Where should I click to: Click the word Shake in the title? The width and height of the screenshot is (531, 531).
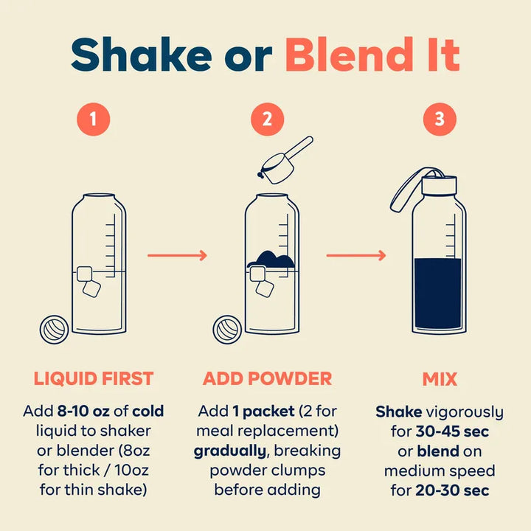tap(142, 55)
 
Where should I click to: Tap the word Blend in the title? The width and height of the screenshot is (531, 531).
tap(349, 54)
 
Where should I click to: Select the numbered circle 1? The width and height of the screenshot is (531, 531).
tap(94, 119)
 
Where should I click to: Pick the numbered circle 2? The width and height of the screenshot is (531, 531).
tap(267, 119)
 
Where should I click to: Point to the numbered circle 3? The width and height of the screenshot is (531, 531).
tap(440, 119)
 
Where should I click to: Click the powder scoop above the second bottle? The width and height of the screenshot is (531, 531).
tap(285, 161)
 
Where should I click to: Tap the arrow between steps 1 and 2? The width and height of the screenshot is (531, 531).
tap(177, 255)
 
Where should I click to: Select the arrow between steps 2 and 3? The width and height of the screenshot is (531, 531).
tap(356, 255)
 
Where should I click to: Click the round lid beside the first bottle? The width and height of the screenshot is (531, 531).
tap(54, 330)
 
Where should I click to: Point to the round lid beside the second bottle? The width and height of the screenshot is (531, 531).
tap(227, 330)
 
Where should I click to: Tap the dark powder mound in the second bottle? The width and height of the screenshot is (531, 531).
tap(271, 260)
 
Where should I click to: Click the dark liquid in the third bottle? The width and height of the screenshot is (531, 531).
tap(438, 294)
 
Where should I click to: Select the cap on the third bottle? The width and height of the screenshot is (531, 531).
tap(439, 185)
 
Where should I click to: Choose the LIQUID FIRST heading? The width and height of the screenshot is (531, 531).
tap(94, 378)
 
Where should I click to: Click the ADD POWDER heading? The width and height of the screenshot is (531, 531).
tap(267, 378)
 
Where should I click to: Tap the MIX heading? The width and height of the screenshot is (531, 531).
tap(440, 379)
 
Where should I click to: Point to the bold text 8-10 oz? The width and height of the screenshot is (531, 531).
tap(83, 411)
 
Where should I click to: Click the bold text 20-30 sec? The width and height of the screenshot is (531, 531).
tap(452, 490)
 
